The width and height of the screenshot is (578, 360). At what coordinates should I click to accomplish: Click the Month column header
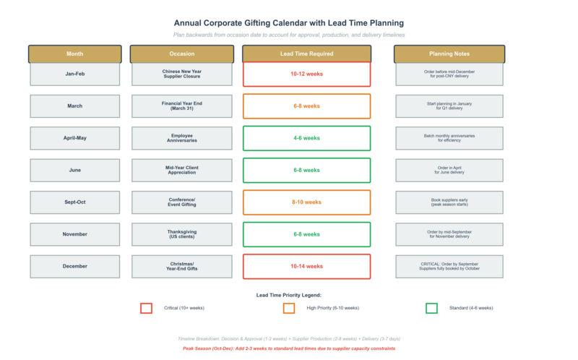(74, 54)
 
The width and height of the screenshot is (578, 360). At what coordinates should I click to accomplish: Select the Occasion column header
(181, 54)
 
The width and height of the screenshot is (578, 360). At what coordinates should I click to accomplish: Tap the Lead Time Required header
(306, 54)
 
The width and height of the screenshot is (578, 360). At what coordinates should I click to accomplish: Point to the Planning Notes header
(449, 54)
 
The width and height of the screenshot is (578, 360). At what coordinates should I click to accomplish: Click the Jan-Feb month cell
(74, 74)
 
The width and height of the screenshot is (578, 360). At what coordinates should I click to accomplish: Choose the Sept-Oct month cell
(74, 202)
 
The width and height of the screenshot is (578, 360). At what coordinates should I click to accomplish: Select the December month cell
(74, 266)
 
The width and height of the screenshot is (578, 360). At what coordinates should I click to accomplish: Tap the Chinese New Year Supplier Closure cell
(181, 74)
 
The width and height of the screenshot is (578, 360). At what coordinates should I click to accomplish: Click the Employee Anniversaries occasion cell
(181, 138)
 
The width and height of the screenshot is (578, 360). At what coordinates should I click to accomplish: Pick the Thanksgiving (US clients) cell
(181, 234)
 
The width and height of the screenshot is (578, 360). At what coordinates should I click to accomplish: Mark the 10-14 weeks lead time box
(306, 266)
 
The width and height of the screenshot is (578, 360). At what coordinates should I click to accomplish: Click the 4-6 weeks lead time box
(306, 138)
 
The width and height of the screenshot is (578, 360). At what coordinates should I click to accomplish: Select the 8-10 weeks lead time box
(306, 202)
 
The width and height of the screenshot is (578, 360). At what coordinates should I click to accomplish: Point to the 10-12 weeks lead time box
(306, 74)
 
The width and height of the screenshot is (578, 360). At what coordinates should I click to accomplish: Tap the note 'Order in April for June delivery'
(449, 170)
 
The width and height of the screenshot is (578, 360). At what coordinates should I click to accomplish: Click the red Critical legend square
(146, 308)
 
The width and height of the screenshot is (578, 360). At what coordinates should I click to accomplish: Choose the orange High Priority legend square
(289, 308)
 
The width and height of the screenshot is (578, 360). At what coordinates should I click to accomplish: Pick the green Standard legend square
(431, 308)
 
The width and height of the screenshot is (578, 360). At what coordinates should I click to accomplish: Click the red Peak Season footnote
(289, 348)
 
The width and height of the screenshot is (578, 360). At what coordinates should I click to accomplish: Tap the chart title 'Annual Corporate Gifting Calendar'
(289, 23)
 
